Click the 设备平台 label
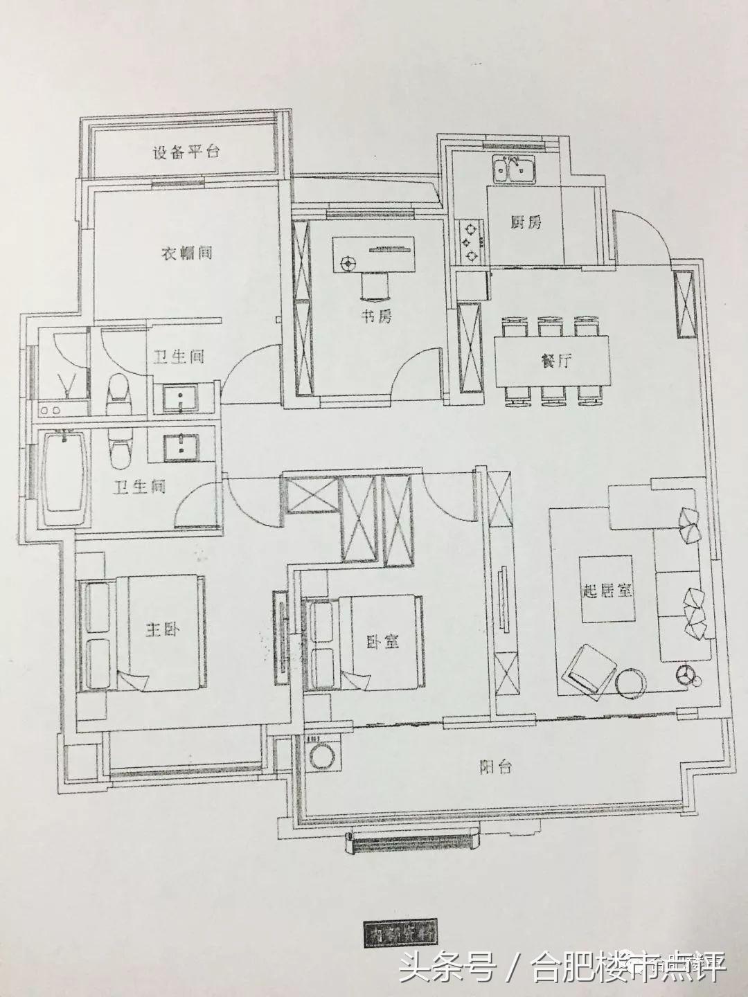click(x=185, y=153)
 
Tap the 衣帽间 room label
click(x=186, y=253)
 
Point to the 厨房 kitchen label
click(x=526, y=222)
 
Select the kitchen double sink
click(x=513, y=168)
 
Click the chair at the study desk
click(x=375, y=286)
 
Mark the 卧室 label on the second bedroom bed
click(x=382, y=642)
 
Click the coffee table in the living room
click(x=607, y=591)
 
